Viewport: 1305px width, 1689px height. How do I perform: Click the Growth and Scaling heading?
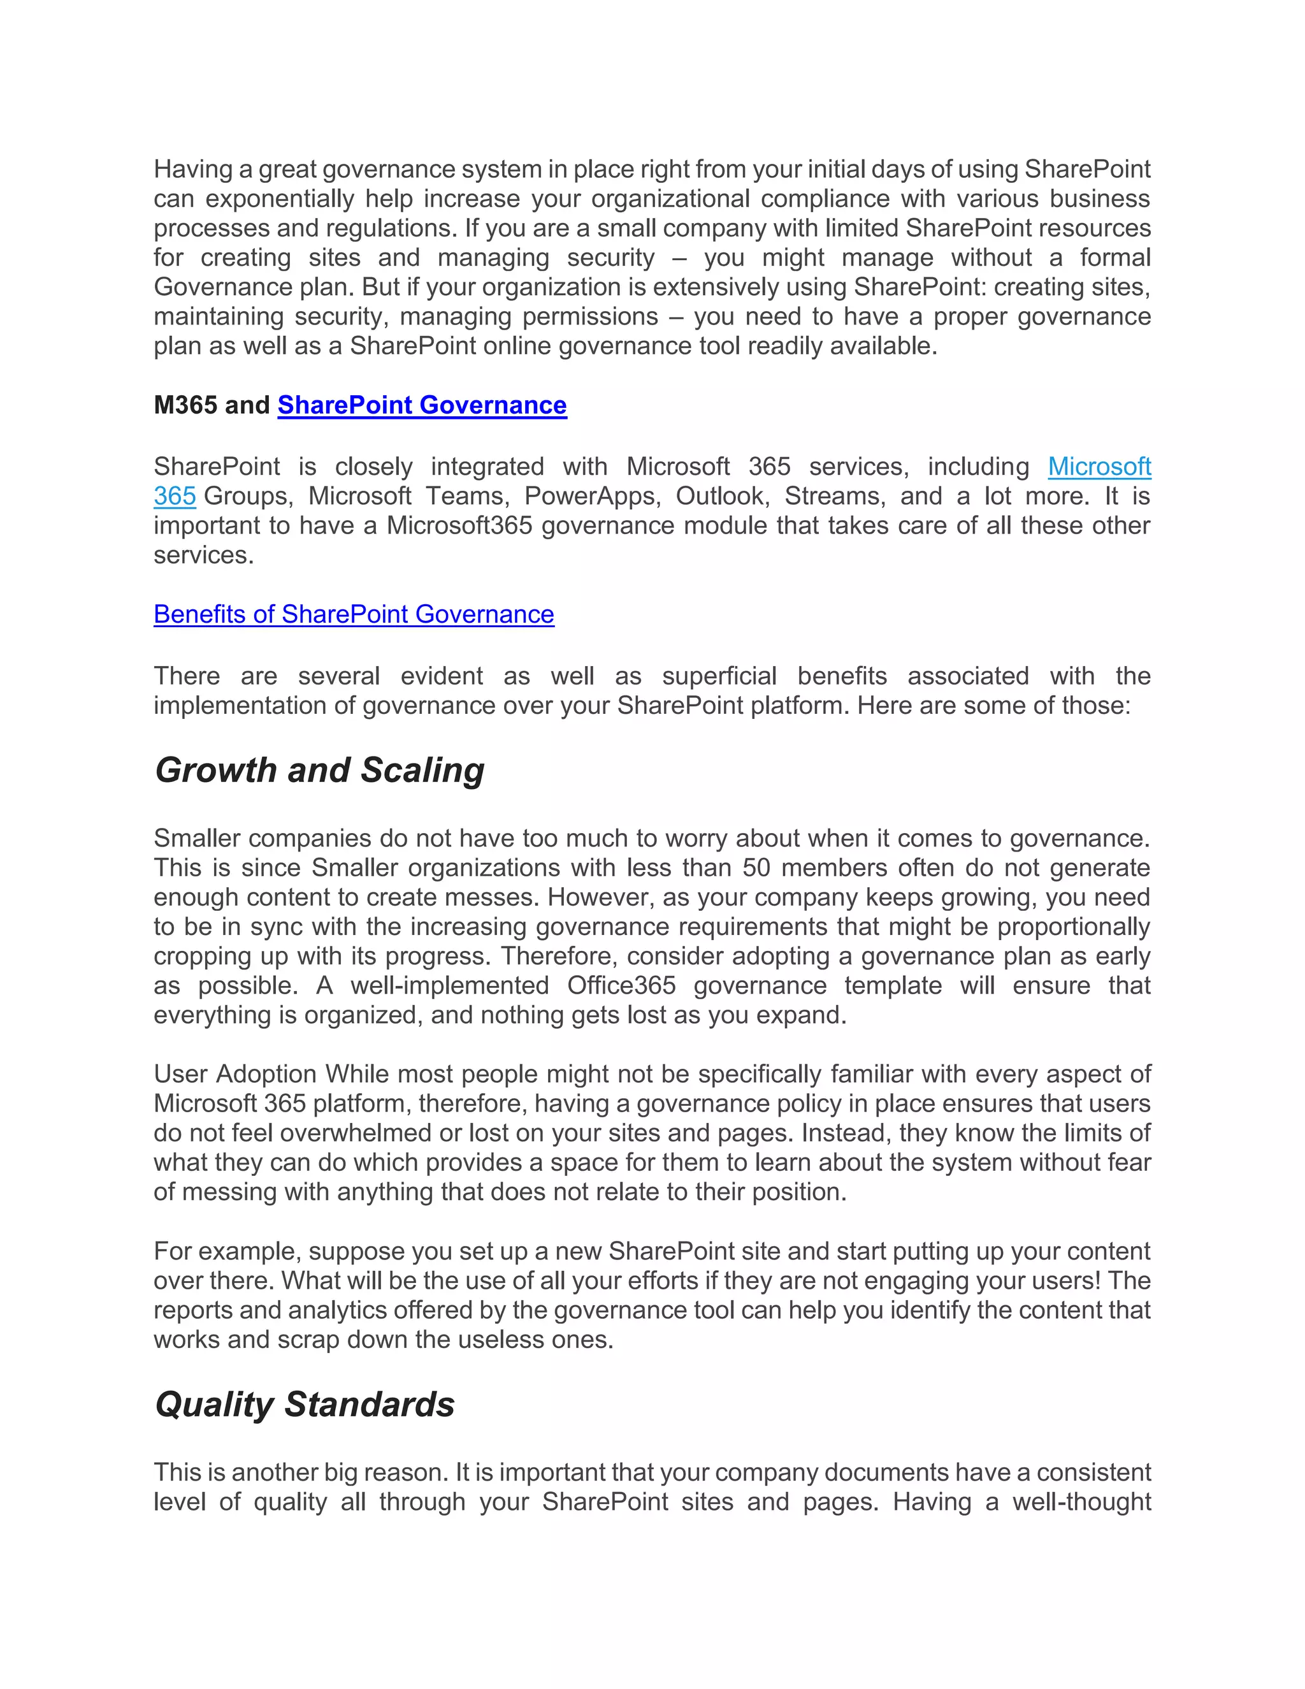(x=319, y=771)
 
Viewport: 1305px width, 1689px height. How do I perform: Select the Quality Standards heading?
(x=305, y=1404)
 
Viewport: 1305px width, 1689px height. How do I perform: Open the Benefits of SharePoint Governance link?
(x=354, y=614)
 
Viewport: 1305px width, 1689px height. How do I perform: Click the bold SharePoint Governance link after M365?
(x=422, y=405)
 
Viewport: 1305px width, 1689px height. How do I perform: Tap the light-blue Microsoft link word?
(x=1099, y=467)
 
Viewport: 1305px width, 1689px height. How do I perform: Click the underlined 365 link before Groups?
(x=175, y=496)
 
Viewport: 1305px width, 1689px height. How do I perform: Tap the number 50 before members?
(x=756, y=867)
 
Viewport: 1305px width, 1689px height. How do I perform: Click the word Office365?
(x=621, y=985)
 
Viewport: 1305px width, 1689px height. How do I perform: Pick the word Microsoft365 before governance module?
(x=459, y=525)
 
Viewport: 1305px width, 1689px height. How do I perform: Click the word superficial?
(x=719, y=676)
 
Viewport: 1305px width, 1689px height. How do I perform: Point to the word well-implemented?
(x=449, y=985)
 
